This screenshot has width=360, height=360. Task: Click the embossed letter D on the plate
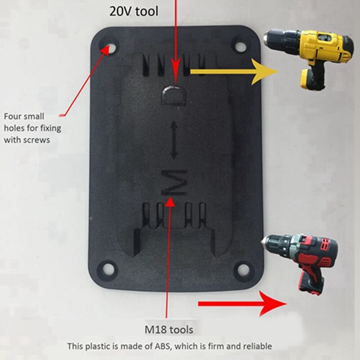pos(173,95)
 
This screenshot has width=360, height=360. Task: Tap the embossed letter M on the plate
pos(174,182)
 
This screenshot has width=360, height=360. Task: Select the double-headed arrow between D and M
pos(174,139)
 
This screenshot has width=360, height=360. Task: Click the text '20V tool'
pos(134,11)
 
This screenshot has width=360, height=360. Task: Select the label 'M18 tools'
pos(168,330)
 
